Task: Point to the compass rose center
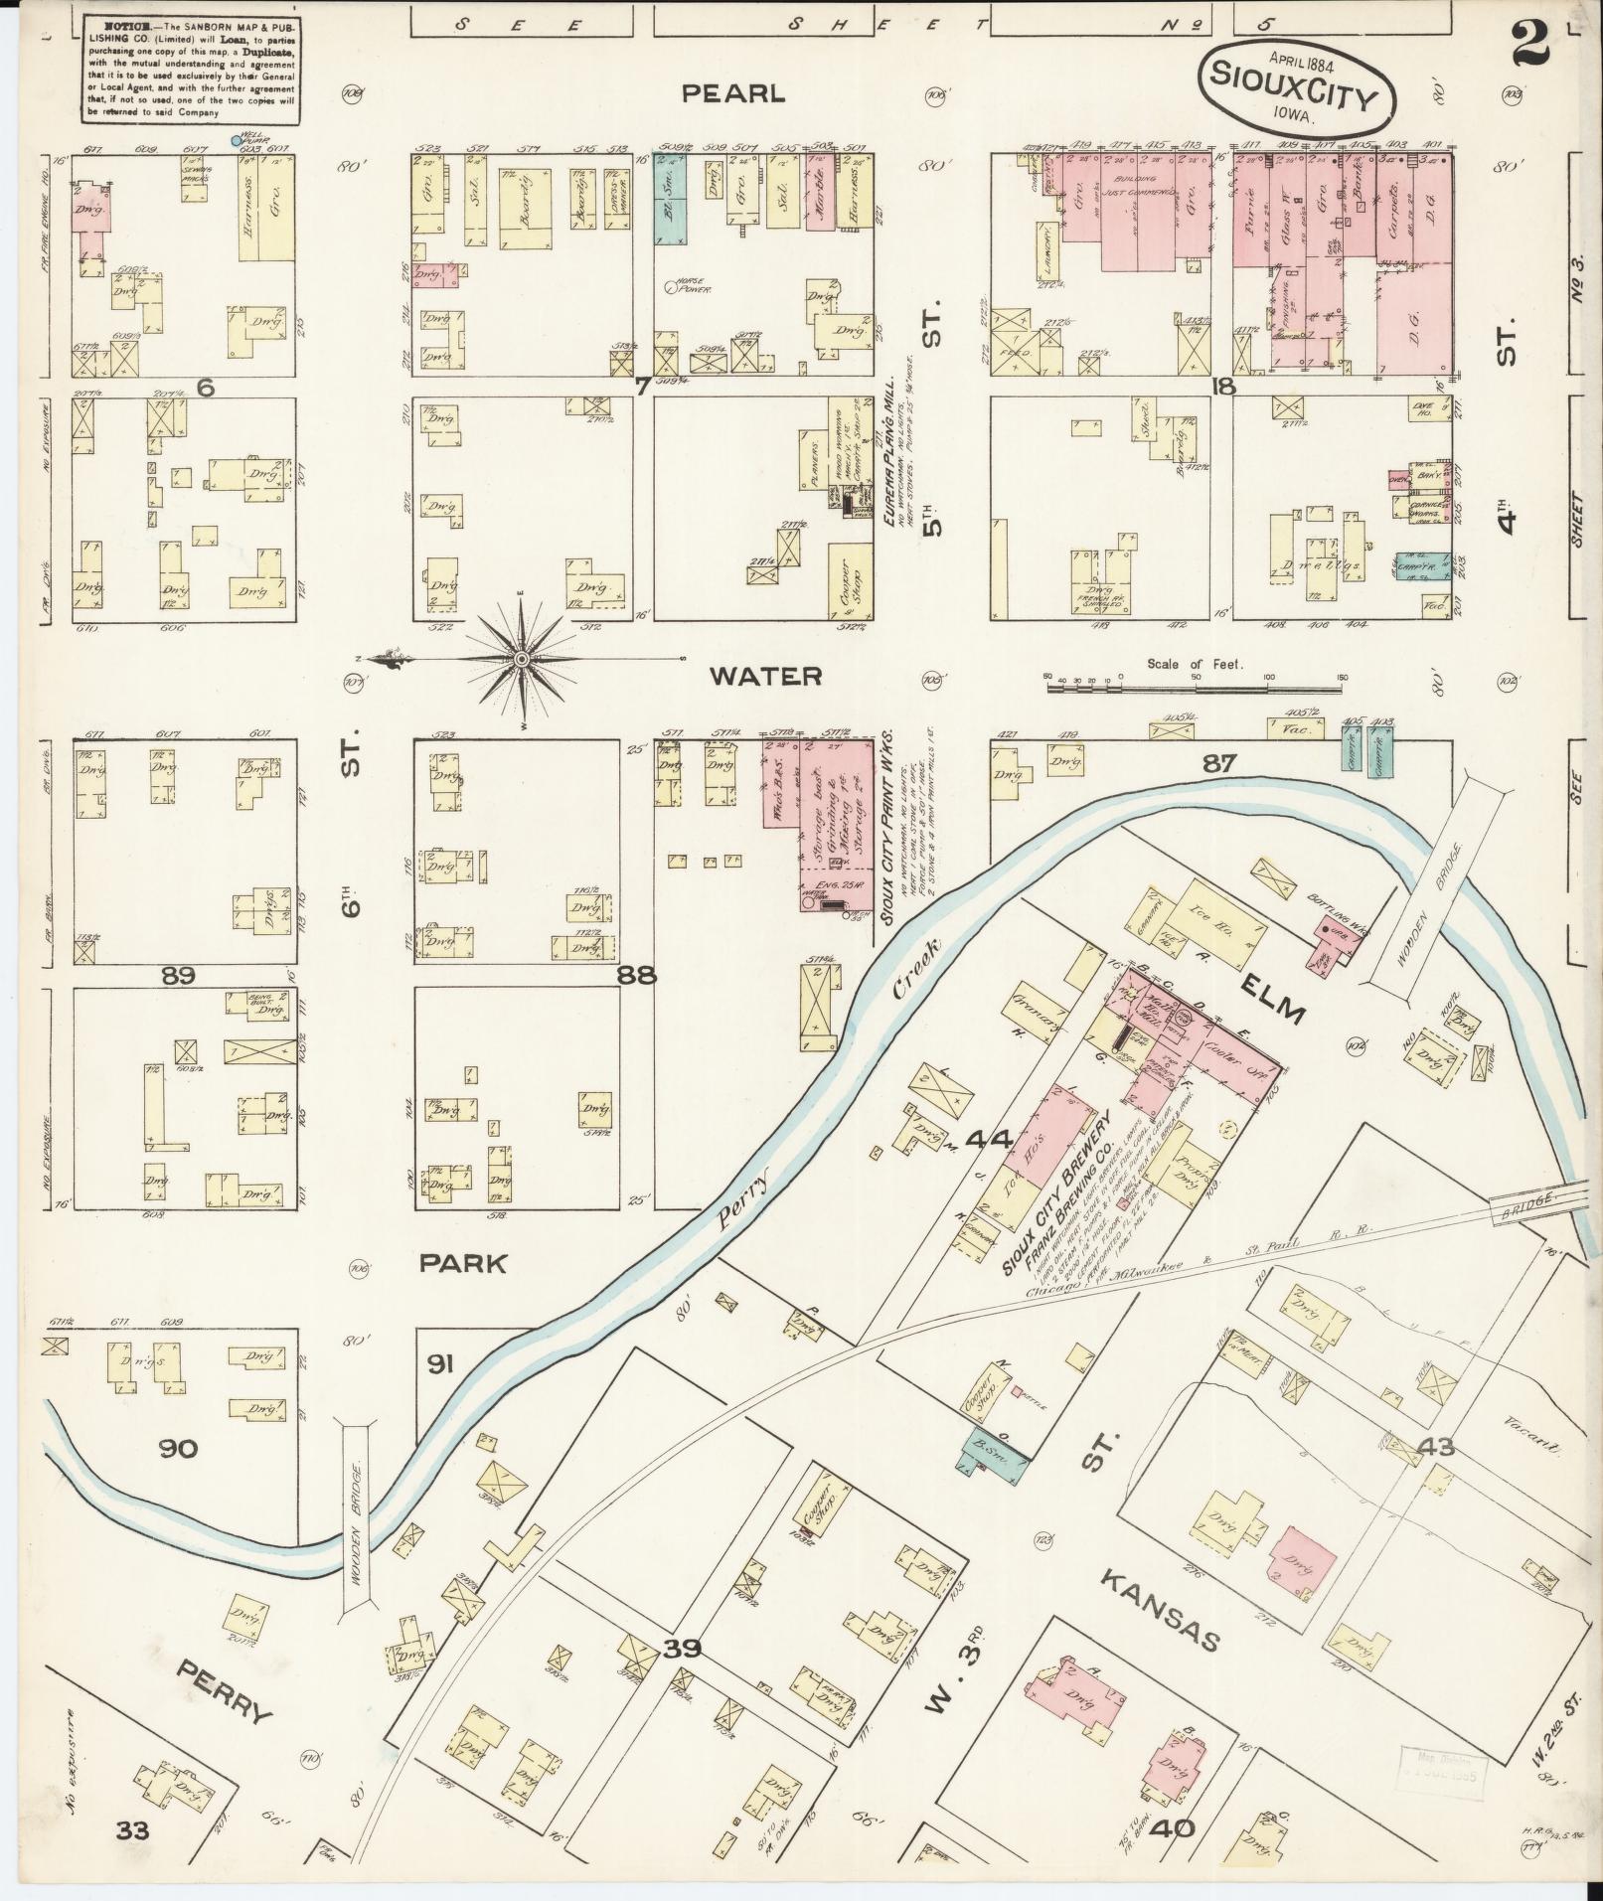521,659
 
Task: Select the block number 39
683,1650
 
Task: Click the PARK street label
462,1264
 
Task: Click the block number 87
1219,763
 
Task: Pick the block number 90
179,1449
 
